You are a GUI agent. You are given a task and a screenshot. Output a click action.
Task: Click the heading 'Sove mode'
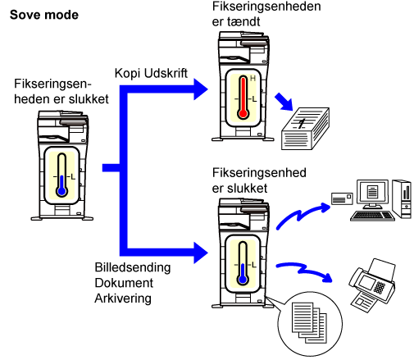(44, 15)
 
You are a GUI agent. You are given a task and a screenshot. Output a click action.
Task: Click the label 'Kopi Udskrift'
(151, 73)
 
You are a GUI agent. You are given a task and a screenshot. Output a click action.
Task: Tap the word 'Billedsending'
(133, 267)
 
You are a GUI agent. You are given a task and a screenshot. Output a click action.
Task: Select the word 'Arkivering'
(123, 298)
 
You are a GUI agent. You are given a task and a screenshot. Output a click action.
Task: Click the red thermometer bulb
(243, 113)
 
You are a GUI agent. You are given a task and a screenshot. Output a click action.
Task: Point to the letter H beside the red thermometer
(252, 79)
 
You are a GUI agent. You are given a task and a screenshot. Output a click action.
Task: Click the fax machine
(372, 285)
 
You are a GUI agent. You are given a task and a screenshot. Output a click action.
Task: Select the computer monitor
(372, 194)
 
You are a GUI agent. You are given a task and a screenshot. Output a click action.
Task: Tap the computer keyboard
(372, 216)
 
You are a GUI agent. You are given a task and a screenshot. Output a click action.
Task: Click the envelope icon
(342, 198)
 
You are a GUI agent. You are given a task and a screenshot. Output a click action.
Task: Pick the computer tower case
(402, 198)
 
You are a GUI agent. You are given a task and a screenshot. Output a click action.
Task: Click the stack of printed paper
(305, 129)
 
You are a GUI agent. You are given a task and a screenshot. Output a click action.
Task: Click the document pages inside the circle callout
(309, 322)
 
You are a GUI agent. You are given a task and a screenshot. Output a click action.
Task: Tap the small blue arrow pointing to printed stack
(284, 102)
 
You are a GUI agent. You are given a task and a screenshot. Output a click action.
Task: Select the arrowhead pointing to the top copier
(201, 89)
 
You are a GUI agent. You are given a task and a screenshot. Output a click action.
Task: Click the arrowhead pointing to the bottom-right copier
(201, 253)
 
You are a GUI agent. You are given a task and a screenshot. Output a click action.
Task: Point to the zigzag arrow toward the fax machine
(304, 271)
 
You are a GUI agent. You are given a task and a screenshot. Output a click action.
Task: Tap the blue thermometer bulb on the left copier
(61, 191)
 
